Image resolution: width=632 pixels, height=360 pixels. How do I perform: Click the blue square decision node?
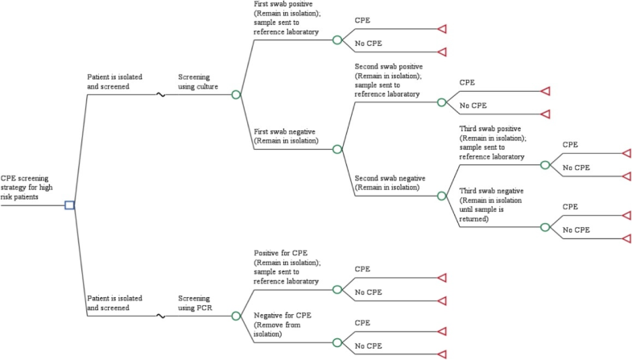coord(69,205)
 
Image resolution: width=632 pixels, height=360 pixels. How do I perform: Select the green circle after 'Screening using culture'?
coord(236,94)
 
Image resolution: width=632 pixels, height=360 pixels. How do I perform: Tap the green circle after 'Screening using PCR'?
coord(236,316)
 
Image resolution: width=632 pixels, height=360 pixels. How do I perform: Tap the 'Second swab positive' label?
coord(388,80)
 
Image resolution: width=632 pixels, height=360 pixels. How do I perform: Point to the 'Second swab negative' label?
coord(390,182)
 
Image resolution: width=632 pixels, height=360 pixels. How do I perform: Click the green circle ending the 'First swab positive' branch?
coord(337,39)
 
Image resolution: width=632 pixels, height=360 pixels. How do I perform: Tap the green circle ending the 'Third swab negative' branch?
coord(545,227)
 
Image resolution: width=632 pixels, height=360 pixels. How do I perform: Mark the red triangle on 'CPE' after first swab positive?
coord(441,29)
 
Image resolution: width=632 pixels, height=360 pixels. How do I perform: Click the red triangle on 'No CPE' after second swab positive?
coord(545,114)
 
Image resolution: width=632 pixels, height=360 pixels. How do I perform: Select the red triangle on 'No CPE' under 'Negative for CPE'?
coord(441,354)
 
